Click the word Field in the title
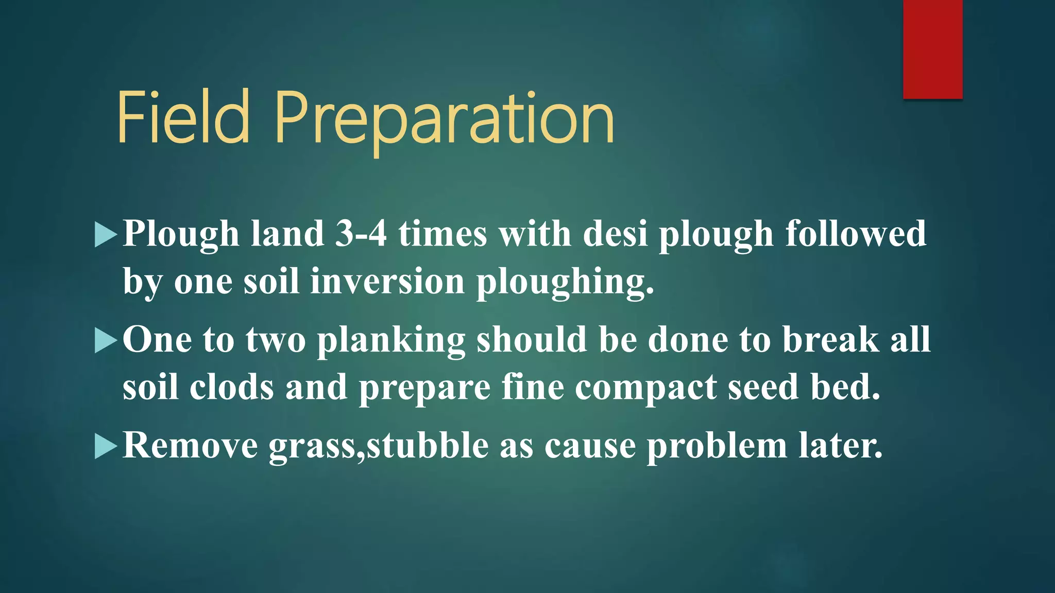[183, 117]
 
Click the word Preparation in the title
[444, 119]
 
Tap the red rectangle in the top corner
[932, 49]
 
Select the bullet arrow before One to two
[106, 341]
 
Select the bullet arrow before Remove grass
[106, 446]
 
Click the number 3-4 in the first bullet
[361, 234]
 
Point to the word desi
[615, 234]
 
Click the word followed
[856, 234]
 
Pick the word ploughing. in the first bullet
[565, 283]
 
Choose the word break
[830, 340]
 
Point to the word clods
[231, 387]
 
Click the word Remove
[190, 445]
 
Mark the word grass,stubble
[378, 446]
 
